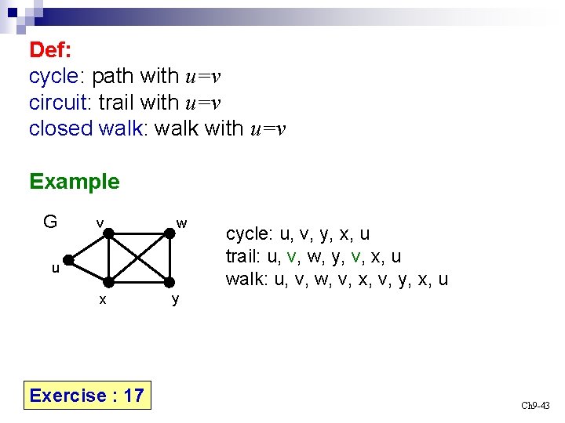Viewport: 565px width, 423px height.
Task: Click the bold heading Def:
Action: (50, 50)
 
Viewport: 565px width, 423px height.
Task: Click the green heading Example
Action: (75, 182)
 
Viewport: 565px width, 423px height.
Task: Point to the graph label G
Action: (50, 222)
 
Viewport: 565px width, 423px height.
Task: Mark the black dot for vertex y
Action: (169, 283)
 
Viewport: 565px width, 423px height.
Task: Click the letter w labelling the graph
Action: (182, 223)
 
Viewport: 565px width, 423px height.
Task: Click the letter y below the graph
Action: (175, 299)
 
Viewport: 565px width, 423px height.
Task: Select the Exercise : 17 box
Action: (87, 395)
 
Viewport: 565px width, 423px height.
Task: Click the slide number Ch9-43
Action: (536, 405)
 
